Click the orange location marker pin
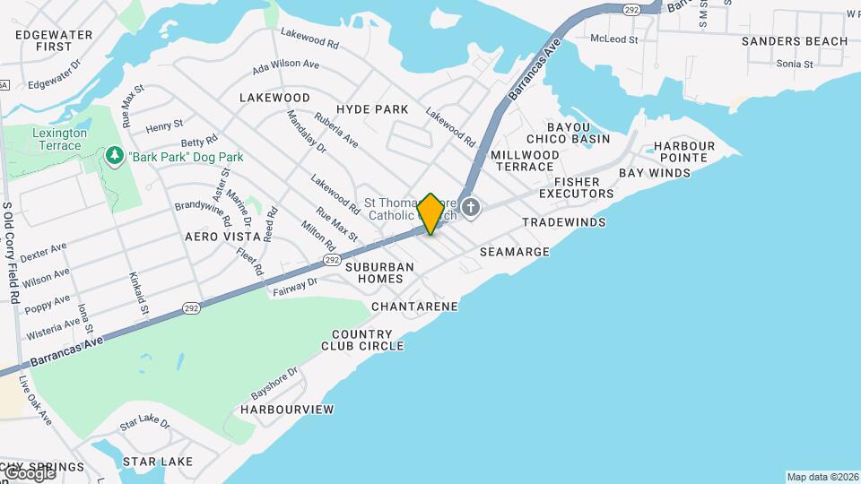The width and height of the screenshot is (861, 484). [x=430, y=213]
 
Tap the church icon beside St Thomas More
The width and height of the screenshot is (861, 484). [x=471, y=209]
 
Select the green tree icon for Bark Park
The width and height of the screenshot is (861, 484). [x=114, y=157]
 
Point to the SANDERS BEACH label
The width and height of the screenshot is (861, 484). [x=795, y=41]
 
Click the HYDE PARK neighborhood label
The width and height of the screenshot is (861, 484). [x=372, y=109]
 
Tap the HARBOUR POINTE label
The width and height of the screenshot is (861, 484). [x=684, y=151]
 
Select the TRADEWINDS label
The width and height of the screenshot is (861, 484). [x=564, y=221]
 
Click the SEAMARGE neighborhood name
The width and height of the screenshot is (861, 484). [x=514, y=252]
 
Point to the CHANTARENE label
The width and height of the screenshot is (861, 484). [x=414, y=307]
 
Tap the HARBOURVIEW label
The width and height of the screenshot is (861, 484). [x=287, y=410]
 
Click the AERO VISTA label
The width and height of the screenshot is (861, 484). [x=215, y=237]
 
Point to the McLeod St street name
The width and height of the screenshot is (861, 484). [x=614, y=39]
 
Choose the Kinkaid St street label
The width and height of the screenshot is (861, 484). [x=138, y=293]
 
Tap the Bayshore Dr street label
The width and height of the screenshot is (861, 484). [x=274, y=383]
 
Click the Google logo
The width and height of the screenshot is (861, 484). [x=29, y=472]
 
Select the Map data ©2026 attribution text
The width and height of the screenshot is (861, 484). [x=822, y=477]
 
